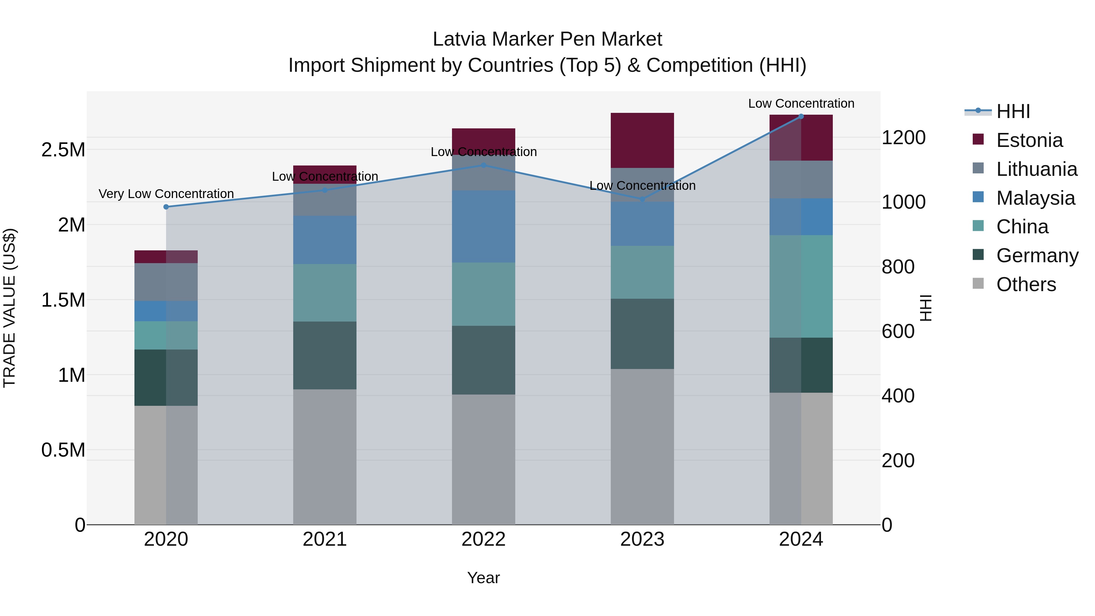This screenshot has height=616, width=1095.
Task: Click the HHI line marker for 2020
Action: (166, 207)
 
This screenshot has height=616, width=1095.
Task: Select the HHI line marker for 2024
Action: (801, 117)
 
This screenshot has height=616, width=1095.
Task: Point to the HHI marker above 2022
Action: (483, 165)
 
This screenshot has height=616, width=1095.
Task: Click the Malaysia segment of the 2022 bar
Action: (483, 227)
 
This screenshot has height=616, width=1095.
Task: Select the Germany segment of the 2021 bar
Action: (325, 355)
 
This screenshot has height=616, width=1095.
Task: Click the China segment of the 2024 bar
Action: (801, 286)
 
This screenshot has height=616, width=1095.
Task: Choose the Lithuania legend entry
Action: (1036, 169)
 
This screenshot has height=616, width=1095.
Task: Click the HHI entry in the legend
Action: (1013, 111)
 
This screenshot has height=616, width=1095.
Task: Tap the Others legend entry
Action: (1026, 284)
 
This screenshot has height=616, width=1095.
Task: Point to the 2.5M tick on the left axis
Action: (63, 150)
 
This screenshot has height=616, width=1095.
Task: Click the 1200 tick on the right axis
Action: (903, 138)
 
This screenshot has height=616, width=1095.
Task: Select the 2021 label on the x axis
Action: (325, 539)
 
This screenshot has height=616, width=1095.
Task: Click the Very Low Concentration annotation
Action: (166, 194)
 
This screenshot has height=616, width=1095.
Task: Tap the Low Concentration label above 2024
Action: (801, 104)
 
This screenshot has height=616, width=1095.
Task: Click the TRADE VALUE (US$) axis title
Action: (9, 308)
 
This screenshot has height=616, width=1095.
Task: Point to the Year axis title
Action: (483, 578)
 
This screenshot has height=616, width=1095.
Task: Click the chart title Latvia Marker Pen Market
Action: (547, 39)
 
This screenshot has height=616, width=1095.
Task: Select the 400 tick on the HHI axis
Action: (898, 396)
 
